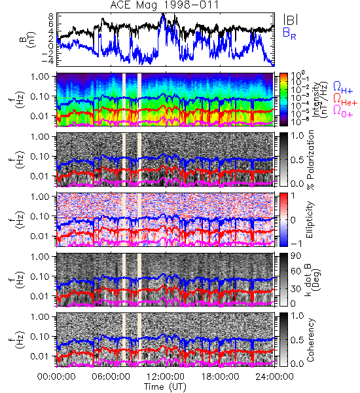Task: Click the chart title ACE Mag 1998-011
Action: [x=164, y=5]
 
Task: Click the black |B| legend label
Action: [x=291, y=20]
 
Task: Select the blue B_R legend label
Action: [x=289, y=33]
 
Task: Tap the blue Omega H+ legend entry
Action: [x=343, y=88]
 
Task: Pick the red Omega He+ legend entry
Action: [x=345, y=100]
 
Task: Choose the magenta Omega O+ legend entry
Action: [x=343, y=111]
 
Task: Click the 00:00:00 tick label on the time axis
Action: [x=56, y=377]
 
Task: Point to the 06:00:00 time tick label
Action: [x=111, y=377]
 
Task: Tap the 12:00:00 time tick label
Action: [x=166, y=377]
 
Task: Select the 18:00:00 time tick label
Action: [x=220, y=377]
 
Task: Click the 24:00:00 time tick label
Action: [x=274, y=377]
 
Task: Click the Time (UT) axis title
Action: [x=165, y=387]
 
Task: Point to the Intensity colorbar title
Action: [x=321, y=100]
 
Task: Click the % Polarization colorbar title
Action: [x=311, y=160]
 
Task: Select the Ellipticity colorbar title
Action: [x=310, y=219]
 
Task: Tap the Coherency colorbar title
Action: [x=310, y=340]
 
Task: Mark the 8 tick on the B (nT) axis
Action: [x=51, y=16]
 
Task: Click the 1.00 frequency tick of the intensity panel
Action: [x=41, y=76]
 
